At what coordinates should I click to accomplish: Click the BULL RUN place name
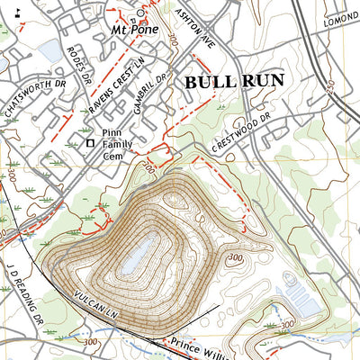[x=233, y=81]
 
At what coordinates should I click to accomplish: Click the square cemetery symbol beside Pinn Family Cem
[x=89, y=143]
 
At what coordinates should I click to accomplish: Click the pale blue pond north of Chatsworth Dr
[x=50, y=51]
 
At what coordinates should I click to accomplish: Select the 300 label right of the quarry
[x=236, y=259]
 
